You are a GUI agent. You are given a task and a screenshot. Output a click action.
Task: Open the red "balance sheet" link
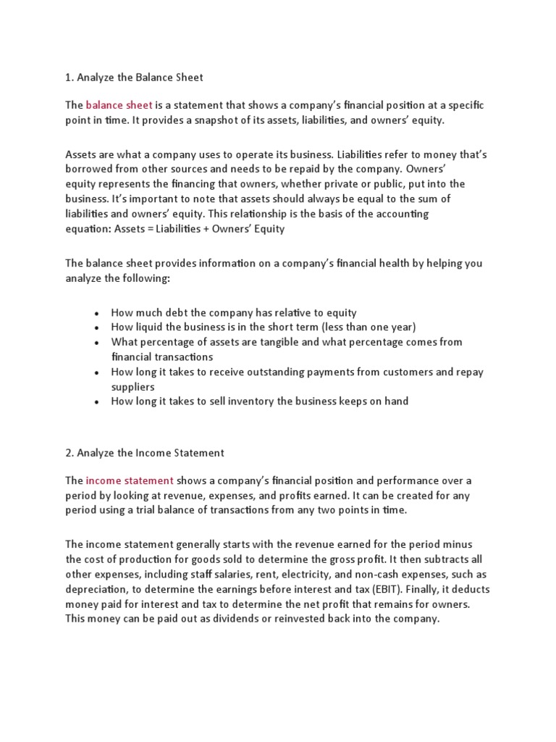119,105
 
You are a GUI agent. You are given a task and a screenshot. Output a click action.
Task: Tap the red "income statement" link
130,480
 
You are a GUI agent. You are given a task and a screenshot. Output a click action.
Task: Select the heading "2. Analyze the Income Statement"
145,453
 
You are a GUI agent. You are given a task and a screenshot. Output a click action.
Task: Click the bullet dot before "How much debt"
96,313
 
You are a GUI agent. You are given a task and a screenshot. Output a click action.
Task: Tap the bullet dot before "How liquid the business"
96,328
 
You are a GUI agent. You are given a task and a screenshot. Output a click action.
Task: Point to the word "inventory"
255,401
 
